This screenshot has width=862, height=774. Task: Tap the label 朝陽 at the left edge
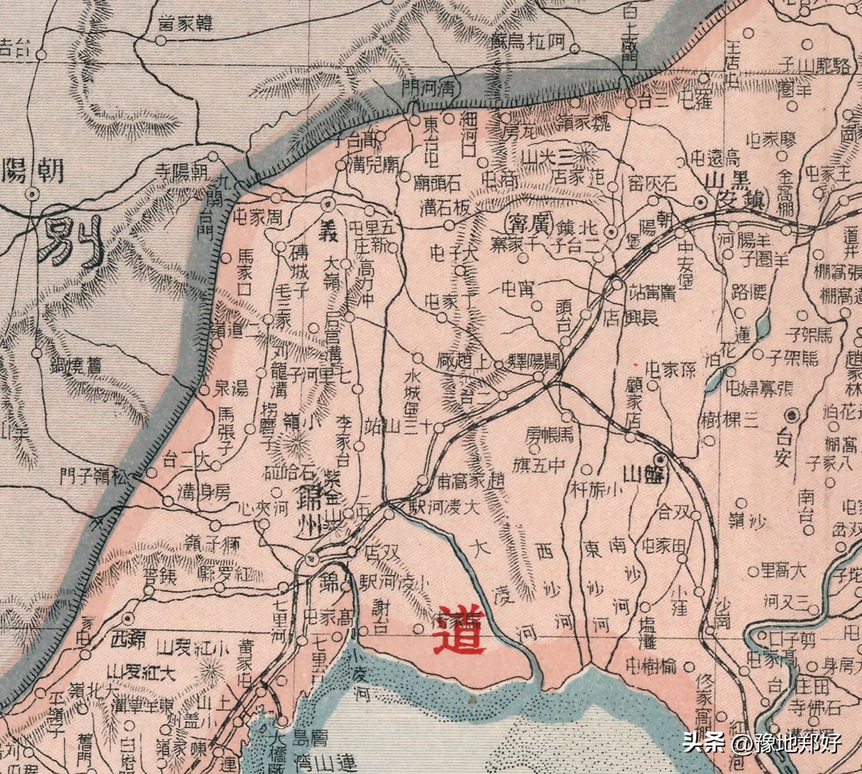[x=33, y=170]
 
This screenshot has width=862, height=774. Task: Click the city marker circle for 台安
[x=794, y=414]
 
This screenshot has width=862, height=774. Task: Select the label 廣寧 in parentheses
[x=529, y=221]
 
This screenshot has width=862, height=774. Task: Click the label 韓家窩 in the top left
[x=184, y=25]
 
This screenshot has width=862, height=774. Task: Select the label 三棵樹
[x=728, y=421]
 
